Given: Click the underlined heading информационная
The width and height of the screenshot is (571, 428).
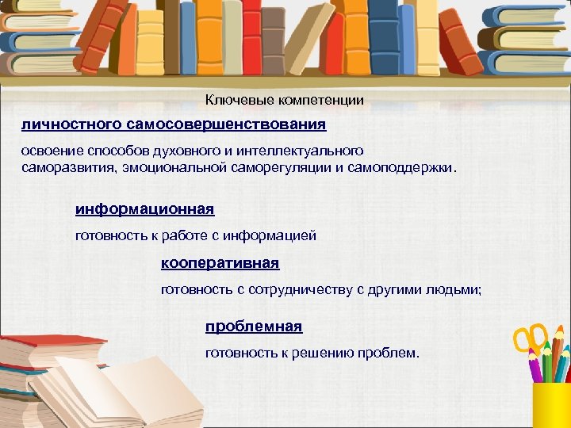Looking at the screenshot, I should click(x=144, y=209).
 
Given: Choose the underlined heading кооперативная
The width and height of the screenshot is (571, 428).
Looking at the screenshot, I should click(x=220, y=262).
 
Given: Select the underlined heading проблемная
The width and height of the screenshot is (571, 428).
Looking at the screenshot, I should click(x=254, y=327).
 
